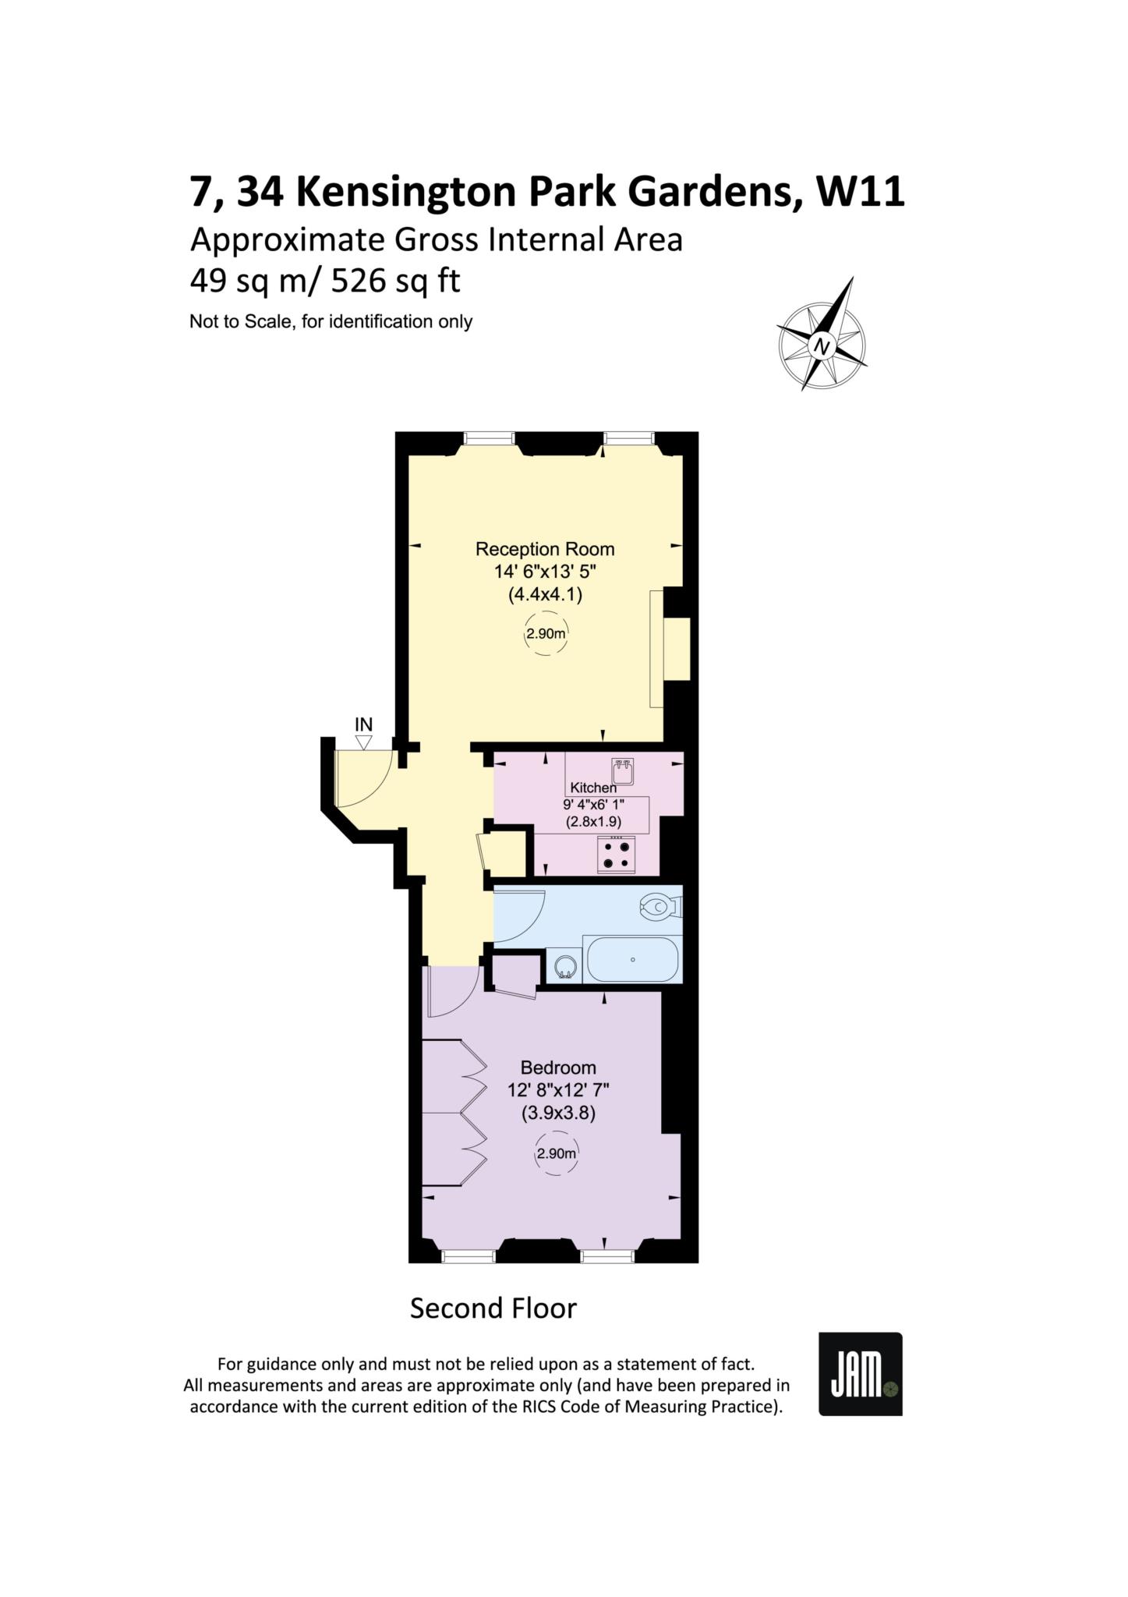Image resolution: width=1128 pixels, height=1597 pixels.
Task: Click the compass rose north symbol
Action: pos(822,334)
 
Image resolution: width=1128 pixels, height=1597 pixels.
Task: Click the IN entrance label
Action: pos(363,724)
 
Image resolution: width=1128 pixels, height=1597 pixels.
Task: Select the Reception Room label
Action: pos(545,549)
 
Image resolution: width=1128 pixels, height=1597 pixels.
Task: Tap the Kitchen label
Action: pos(593,788)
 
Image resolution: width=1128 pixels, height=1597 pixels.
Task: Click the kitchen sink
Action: pos(623,771)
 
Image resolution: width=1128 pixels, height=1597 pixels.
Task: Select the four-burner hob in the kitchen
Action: pos(616,855)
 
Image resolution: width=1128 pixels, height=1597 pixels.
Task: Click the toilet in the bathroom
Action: pos(661,907)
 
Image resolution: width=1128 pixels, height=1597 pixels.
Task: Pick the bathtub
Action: pos(632,959)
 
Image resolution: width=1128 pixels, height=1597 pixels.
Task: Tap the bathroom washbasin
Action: pos(565,966)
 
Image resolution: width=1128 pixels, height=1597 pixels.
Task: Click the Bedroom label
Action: pos(558,1068)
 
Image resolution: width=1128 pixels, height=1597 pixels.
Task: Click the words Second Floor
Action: pos(493,1308)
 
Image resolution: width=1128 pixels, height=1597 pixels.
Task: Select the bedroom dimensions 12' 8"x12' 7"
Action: pos(558,1090)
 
